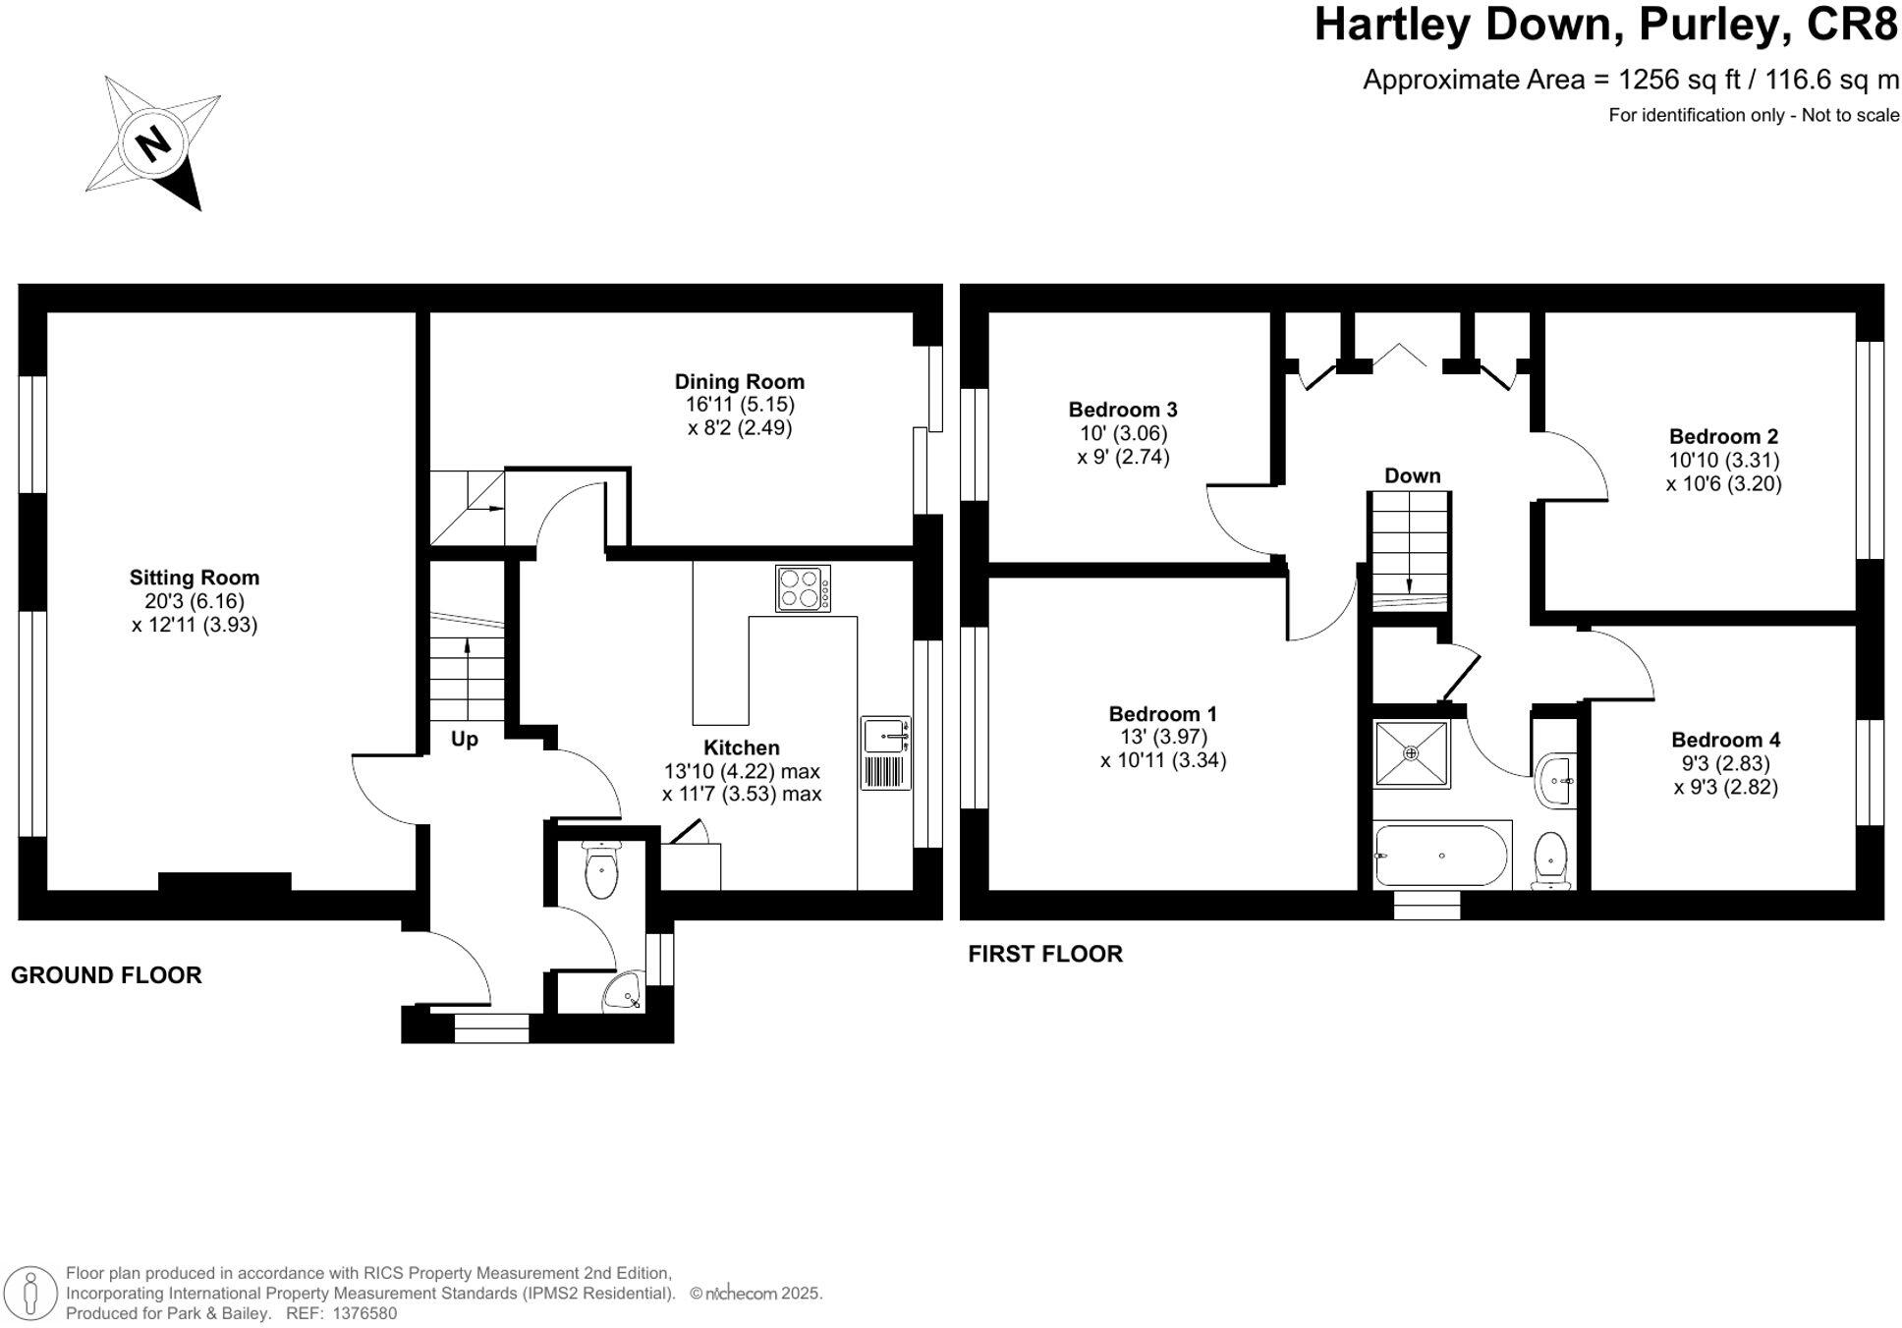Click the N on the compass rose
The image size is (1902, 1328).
coord(153,143)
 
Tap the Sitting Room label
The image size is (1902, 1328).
coord(195,578)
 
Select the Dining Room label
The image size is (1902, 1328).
coord(739,382)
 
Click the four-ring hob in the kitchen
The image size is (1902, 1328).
coord(802,588)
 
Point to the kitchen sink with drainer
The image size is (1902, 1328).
coord(886,753)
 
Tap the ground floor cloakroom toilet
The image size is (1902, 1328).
coord(599,869)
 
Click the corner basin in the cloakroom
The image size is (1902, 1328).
coord(623,993)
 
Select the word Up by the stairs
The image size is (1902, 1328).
coord(465,739)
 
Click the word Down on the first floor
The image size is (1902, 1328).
coord(1412,476)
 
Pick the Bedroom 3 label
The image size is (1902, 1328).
coord(1123,410)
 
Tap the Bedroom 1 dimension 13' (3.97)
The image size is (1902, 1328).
coord(1163,737)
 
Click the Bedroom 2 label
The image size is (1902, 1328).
coord(1723,436)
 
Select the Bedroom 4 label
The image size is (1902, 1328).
coord(1725,740)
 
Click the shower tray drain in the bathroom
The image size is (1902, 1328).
coord(1411,753)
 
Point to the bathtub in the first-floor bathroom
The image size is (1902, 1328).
coord(1441,857)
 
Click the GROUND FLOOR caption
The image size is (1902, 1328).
coord(106,975)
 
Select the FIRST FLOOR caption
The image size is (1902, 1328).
coord(1044,954)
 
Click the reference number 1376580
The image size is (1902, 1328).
coord(364,1313)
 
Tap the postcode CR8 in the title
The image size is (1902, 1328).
coord(1852,25)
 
